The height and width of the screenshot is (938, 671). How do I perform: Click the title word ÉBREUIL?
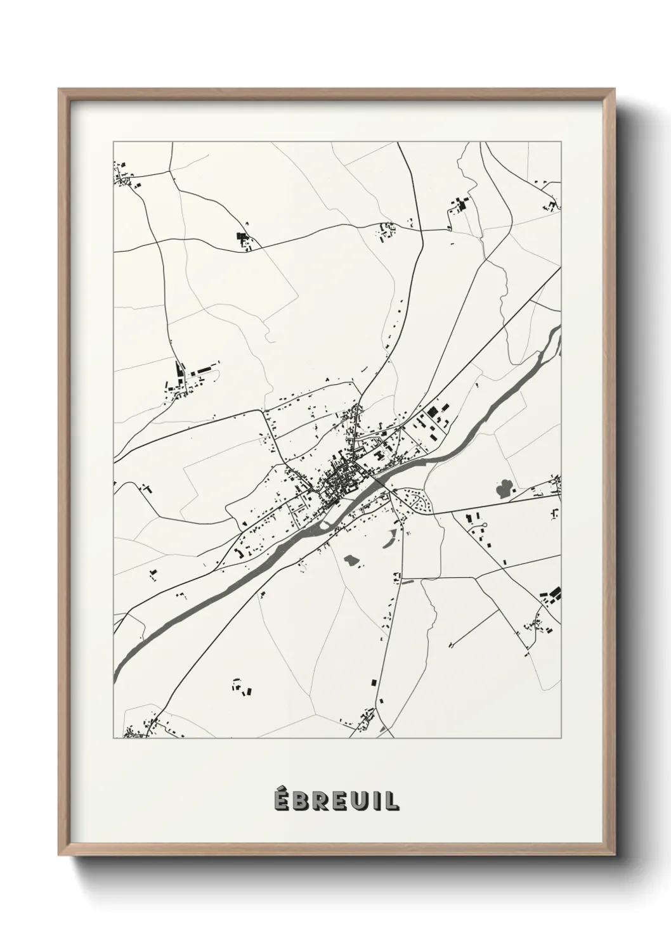[336, 800]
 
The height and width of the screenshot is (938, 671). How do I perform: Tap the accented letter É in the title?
[281, 800]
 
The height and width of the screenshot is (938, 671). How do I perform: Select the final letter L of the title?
[393, 800]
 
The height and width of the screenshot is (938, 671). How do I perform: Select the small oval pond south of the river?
[350, 560]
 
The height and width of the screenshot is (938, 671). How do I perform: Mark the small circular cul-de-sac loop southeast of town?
[484, 525]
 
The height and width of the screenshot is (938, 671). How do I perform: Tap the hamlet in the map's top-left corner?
[126, 176]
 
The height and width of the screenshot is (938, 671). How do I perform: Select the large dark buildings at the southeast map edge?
[552, 594]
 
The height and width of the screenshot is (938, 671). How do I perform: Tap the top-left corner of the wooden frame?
[61, 91]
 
